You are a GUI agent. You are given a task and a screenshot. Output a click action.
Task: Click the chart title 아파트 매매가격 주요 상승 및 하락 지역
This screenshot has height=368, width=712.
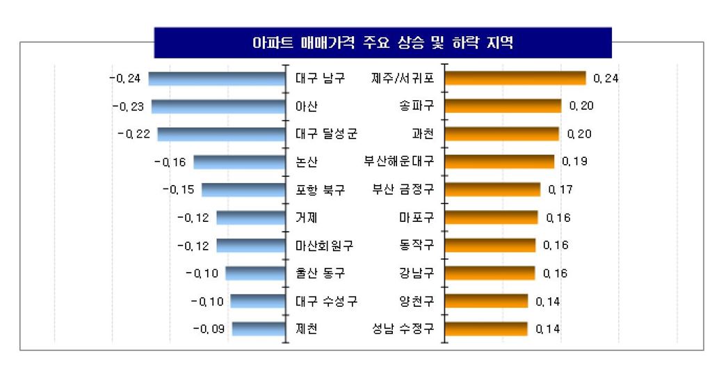pyautogui.click(x=382, y=43)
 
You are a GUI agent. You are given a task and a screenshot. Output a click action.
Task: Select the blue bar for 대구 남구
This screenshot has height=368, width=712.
pyautogui.click(x=218, y=79)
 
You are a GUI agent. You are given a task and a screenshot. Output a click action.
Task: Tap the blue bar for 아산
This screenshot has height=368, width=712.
pyautogui.click(x=219, y=106)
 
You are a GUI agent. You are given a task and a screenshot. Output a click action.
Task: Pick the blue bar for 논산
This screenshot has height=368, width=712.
pyautogui.click(x=240, y=162)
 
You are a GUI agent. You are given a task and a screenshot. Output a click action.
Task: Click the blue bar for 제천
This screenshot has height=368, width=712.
pyautogui.click(x=259, y=328)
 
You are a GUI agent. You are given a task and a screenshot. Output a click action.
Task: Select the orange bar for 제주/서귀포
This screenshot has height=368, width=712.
pyautogui.click(x=515, y=78)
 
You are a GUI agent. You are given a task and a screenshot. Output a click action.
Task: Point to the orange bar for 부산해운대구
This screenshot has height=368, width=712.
pyautogui.click(x=499, y=161)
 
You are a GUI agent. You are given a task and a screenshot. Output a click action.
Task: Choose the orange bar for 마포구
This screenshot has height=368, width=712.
pyautogui.click(x=491, y=218)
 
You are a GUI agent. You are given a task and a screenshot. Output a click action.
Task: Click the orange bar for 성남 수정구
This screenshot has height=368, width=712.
pyautogui.click(x=486, y=328)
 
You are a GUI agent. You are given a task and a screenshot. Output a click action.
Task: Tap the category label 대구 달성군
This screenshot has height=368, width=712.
pyautogui.click(x=326, y=134)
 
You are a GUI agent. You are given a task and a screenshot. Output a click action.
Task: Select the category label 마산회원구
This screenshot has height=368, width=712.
pyautogui.click(x=325, y=245)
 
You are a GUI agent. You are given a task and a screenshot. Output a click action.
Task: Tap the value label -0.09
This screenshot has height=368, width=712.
pyautogui.click(x=209, y=329)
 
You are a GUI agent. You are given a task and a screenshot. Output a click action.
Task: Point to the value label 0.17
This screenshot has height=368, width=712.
pyautogui.click(x=560, y=190)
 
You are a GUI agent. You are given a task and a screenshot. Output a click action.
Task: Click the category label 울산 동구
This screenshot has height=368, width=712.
pyautogui.click(x=320, y=273)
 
